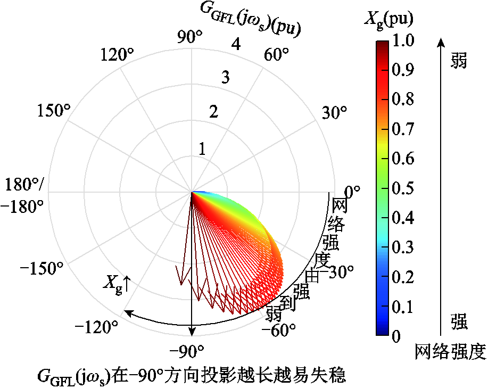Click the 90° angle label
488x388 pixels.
(191, 38)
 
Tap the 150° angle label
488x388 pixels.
(54, 111)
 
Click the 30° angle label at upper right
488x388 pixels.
(334, 112)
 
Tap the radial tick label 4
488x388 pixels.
(236, 45)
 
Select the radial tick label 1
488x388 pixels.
(202, 150)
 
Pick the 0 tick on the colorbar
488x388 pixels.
(396, 336)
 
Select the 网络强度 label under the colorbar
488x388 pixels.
(450, 352)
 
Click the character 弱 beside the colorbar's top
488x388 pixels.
(458, 61)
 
